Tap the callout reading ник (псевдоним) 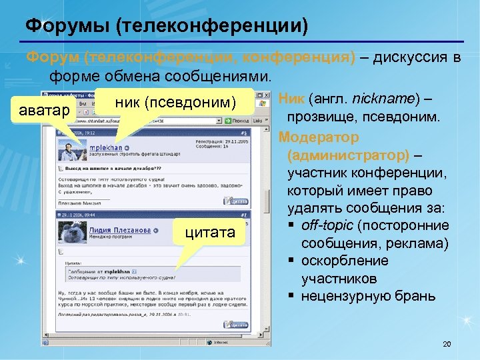[176, 102]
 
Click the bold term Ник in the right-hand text [292, 99]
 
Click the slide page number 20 [447, 344]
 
